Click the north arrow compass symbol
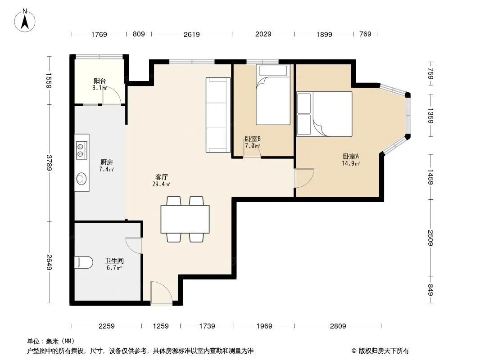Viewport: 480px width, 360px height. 25,21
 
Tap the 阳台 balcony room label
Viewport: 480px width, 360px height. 100,81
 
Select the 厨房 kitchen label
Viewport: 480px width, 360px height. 106,162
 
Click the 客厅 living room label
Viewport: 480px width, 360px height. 161,177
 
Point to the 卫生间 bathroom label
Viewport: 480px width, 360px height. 114,261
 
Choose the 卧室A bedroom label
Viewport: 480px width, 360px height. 350,156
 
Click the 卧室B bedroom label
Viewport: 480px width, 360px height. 253,139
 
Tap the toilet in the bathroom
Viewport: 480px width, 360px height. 84,262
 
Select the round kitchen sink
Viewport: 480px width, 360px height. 82,179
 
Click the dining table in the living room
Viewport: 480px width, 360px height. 185,219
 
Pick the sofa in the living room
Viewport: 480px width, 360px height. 218,115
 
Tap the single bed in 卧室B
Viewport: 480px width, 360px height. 273,94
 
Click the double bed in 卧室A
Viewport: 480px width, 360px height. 325,114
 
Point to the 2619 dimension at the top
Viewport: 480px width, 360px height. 192,34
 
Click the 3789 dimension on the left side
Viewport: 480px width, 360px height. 49,163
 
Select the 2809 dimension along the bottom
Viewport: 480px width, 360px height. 338,326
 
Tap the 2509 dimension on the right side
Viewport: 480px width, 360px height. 430,238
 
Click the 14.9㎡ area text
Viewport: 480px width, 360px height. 351,164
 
